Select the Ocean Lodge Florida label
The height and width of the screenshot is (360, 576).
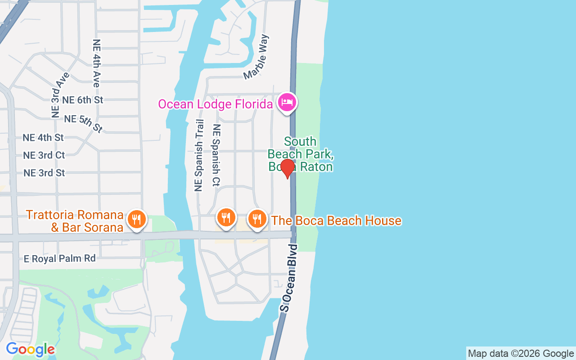coord(215,104)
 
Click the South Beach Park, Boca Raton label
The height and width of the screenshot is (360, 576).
coord(300,154)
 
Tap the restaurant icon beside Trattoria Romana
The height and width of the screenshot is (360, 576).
coord(135,219)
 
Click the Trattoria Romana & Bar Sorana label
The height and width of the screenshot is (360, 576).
coord(75,220)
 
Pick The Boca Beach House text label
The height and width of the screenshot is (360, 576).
coord(336,220)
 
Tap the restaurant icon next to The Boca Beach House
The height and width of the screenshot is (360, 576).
coord(257,219)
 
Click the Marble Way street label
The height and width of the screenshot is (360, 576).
coord(256,57)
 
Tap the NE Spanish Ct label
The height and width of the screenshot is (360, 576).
coord(216,155)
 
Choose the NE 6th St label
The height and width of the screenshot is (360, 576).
coord(83,100)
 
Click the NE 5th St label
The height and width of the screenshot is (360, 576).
coord(84,123)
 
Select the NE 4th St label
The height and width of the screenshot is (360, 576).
coord(43,137)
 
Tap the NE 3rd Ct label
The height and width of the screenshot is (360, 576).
coord(44,155)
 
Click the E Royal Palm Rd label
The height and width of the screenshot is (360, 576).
coord(60,259)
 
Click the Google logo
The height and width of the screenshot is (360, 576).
coord(30,349)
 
